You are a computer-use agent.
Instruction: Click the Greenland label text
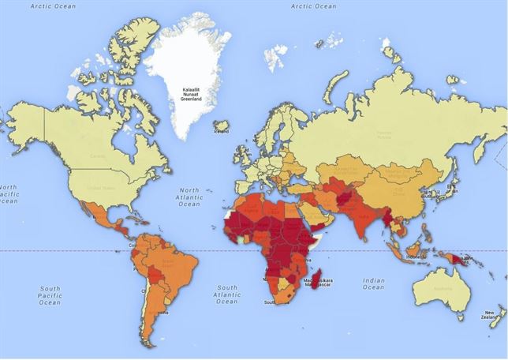click(x=189, y=96)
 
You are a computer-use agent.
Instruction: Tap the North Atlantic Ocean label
click(x=189, y=197)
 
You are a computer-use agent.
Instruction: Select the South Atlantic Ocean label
click(x=226, y=294)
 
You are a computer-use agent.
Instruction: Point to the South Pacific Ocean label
click(x=49, y=296)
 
